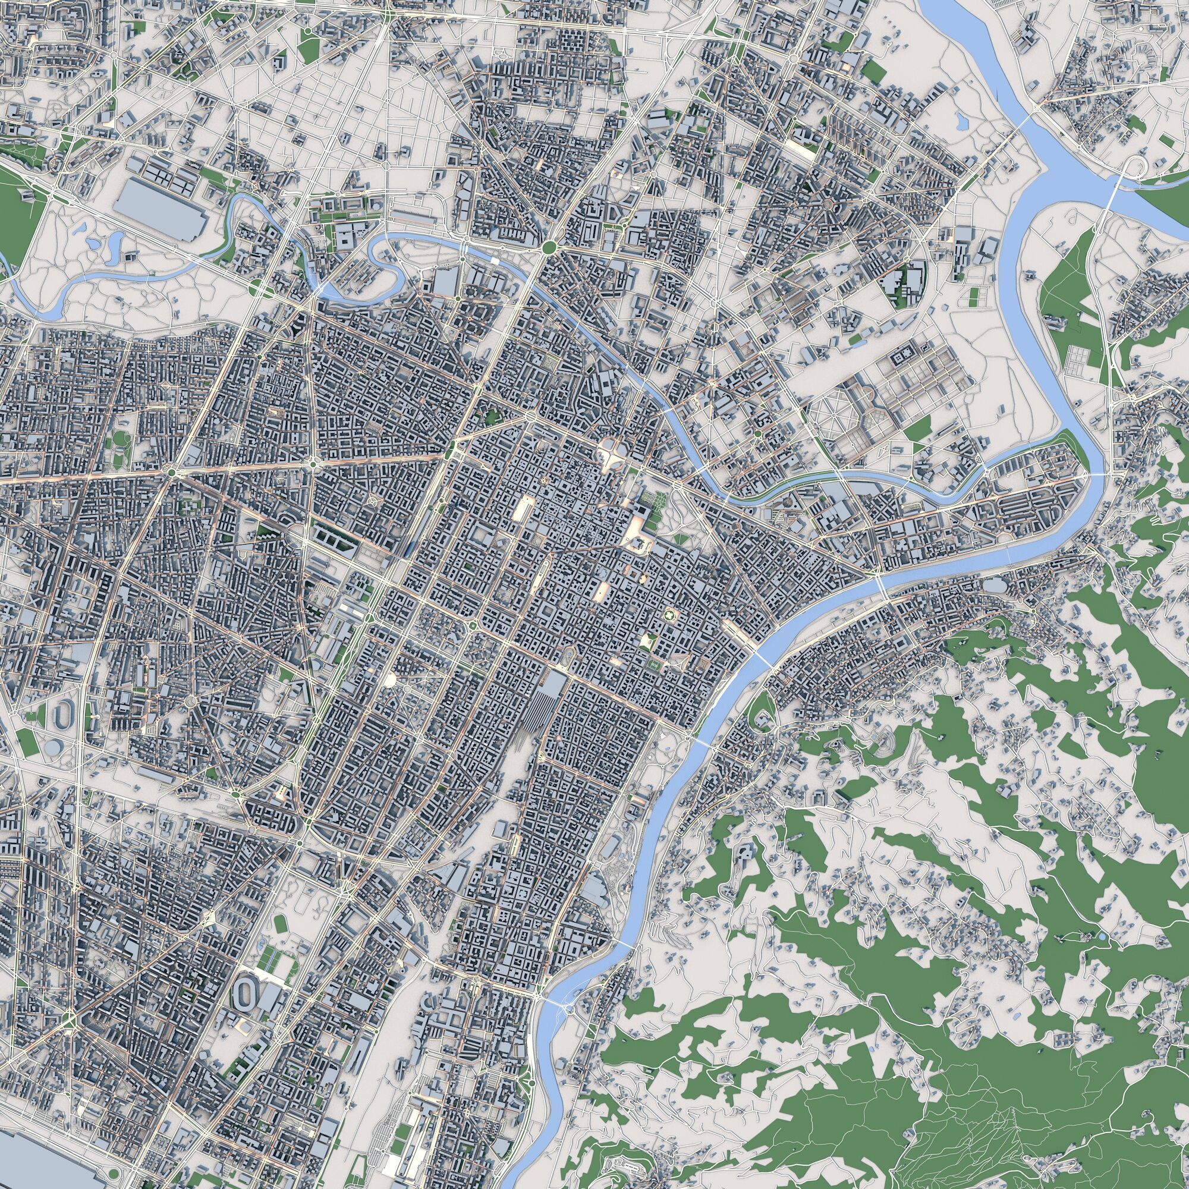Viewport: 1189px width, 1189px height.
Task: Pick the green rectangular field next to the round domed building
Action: click(27, 742)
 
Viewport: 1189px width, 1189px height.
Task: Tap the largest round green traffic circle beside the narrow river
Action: click(549, 247)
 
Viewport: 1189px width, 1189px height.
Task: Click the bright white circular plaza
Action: click(389, 680)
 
